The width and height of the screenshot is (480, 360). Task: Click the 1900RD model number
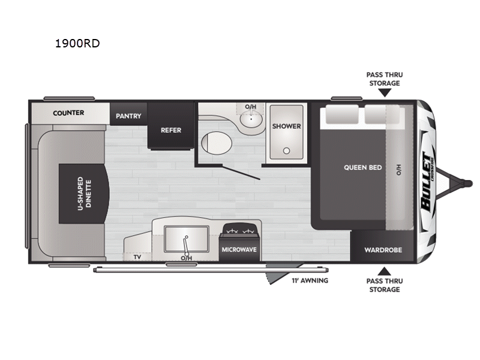tap(76, 43)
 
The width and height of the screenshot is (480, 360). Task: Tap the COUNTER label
tap(68, 113)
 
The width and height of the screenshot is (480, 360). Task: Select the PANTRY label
tap(128, 116)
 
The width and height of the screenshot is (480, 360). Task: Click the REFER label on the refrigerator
tap(170, 130)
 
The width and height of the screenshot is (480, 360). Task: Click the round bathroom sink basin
tap(250, 121)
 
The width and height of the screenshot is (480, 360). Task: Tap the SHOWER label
tap(286, 126)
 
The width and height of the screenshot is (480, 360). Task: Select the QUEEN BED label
tap(362, 167)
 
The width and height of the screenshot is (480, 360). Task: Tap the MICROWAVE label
tap(239, 249)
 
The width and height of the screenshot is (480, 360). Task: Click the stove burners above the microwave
tap(239, 231)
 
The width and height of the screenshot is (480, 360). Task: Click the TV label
tap(137, 257)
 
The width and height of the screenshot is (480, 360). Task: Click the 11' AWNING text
tap(310, 280)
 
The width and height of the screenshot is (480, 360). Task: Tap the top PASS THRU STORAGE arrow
tap(384, 92)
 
